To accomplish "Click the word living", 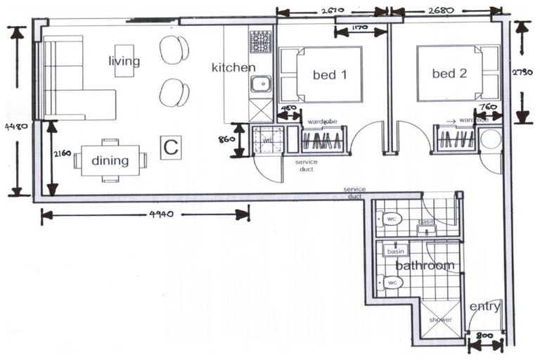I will pos(124,61).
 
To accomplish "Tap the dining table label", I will pos(110,161).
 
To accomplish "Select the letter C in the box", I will pos(170,148).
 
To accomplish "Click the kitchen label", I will pos(233,67).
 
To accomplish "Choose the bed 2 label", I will pos(444,73).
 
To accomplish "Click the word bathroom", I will pos(425,266).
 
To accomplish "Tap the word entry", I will pos(485,307).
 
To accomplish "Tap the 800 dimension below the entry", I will pos(484,337).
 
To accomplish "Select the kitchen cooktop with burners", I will pos(261,41).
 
